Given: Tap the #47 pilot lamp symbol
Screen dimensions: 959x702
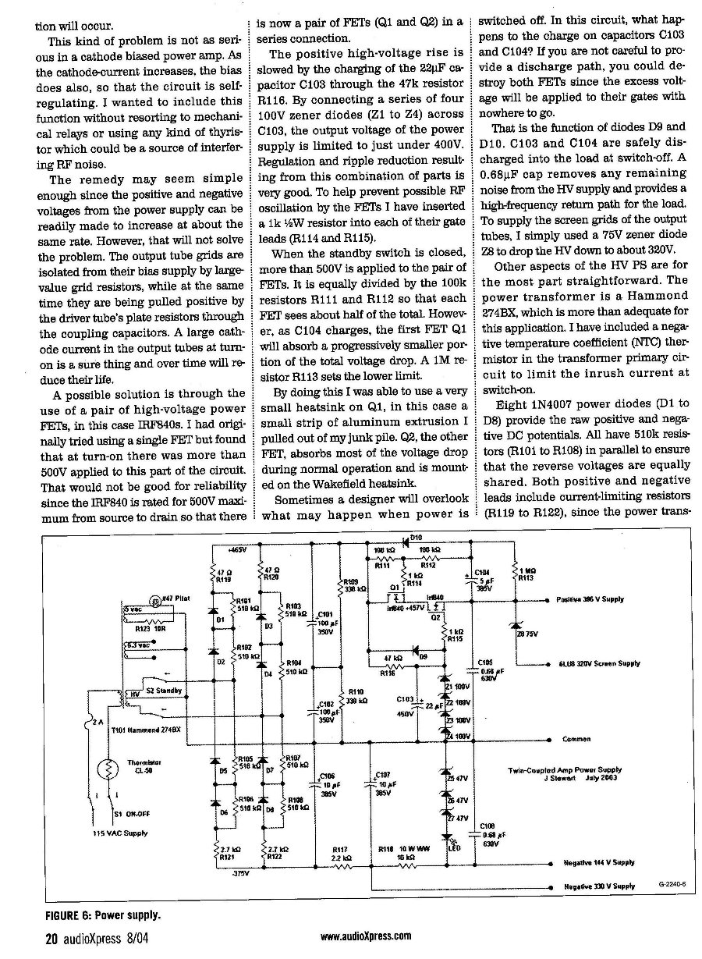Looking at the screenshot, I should (x=156, y=600).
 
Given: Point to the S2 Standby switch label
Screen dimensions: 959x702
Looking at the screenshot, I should (x=163, y=691).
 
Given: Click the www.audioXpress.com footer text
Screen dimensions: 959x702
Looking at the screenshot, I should (x=366, y=939).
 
